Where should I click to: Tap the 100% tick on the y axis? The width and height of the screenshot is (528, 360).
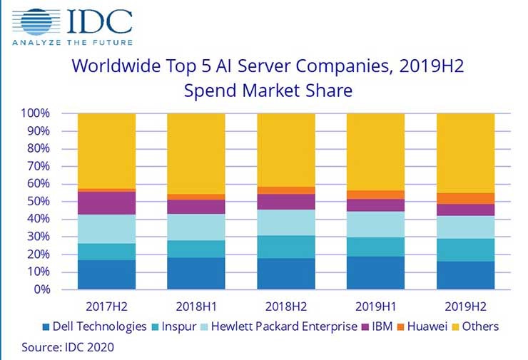tap(34, 113)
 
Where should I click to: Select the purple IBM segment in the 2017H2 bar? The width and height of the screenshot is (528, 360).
tap(106, 202)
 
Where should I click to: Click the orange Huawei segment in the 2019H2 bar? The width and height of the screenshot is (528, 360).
tap(465, 198)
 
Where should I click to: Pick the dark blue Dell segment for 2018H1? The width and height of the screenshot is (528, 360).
tap(196, 274)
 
